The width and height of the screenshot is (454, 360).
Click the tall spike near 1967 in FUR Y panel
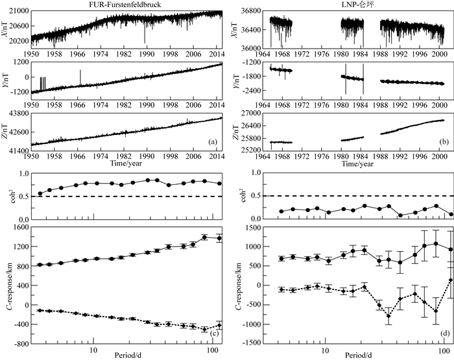(x=80, y=71)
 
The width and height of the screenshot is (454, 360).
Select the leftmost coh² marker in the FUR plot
(x=40, y=193)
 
